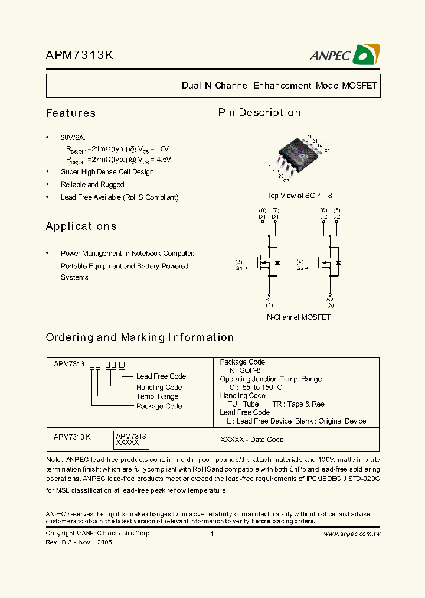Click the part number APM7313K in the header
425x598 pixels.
[x=80, y=56]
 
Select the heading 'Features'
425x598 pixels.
[x=71, y=113]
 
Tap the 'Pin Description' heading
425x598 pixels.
[x=259, y=112]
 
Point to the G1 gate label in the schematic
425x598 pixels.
[x=239, y=268]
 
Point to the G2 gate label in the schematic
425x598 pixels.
[x=300, y=268]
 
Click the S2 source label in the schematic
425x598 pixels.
[x=330, y=300]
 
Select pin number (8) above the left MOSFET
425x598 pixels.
[x=263, y=210]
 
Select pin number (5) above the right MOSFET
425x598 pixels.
[x=336, y=210]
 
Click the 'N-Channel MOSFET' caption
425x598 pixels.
[x=299, y=317]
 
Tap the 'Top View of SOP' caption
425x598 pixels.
[x=294, y=196]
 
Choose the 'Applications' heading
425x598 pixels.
[x=81, y=226]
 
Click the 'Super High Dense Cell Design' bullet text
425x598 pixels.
[x=107, y=172]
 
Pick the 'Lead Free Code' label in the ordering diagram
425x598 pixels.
[x=161, y=376]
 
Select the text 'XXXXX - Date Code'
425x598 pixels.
[x=251, y=440]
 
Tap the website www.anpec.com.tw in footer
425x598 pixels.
[x=352, y=534]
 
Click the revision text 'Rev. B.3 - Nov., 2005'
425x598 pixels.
[x=79, y=542]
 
